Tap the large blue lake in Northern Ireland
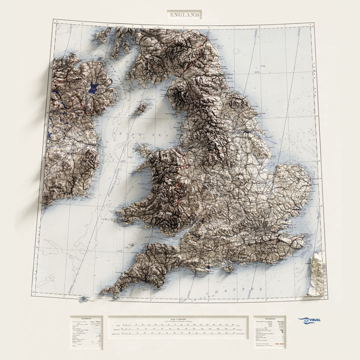pos(92,89)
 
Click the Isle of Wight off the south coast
pos(228,268)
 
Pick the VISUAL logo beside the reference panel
pos(310,320)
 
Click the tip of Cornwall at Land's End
pos(103,292)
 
